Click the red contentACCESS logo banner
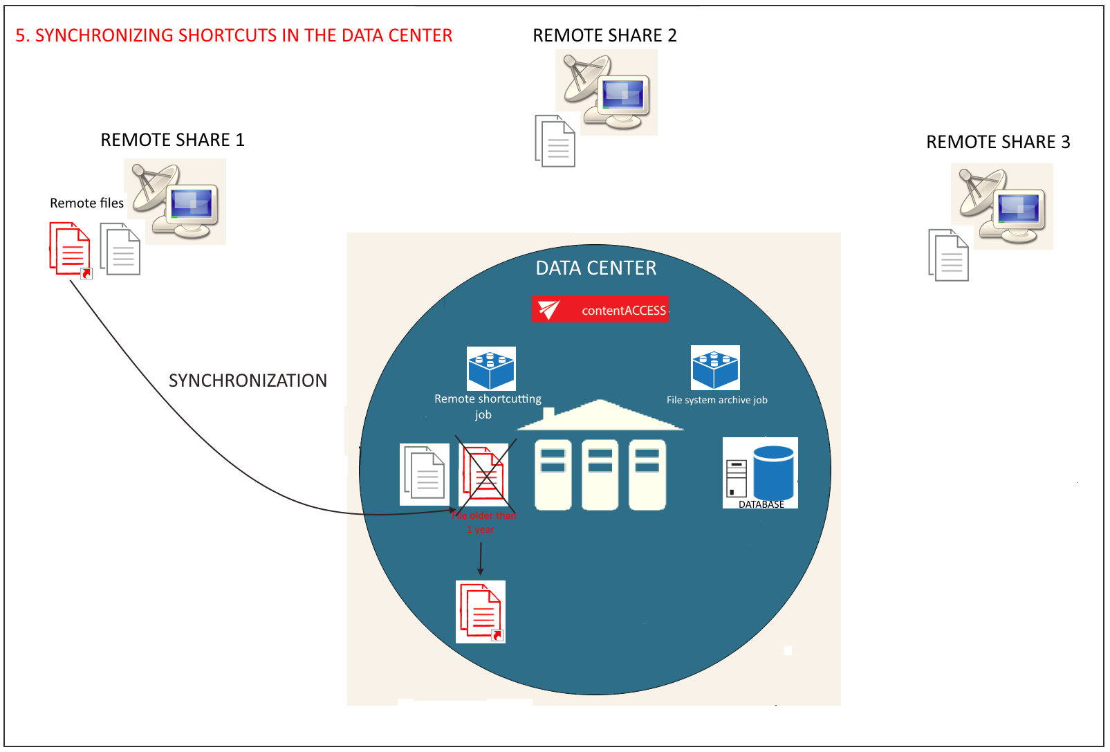pyautogui.click(x=600, y=309)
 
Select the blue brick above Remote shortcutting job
pyautogui.click(x=491, y=368)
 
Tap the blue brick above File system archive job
pyautogui.click(x=715, y=367)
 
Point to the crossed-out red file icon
pyautogui.click(x=484, y=475)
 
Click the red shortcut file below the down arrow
pyautogui.click(x=481, y=612)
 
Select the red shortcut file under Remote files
pyautogui.click(x=70, y=249)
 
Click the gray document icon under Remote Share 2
pyautogui.click(x=555, y=141)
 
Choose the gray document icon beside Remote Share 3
pyautogui.click(x=948, y=255)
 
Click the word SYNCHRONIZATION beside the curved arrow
pyautogui.click(x=248, y=380)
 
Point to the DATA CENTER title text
pyautogui.click(x=595, y=268)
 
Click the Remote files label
pyautogui.click(x=86, y=203)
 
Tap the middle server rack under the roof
pyautogui.click(x=600, y=475)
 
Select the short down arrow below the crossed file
pyautogui.click(x=481, y=559)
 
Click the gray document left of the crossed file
pyautogui.click(x=425, y=474)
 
